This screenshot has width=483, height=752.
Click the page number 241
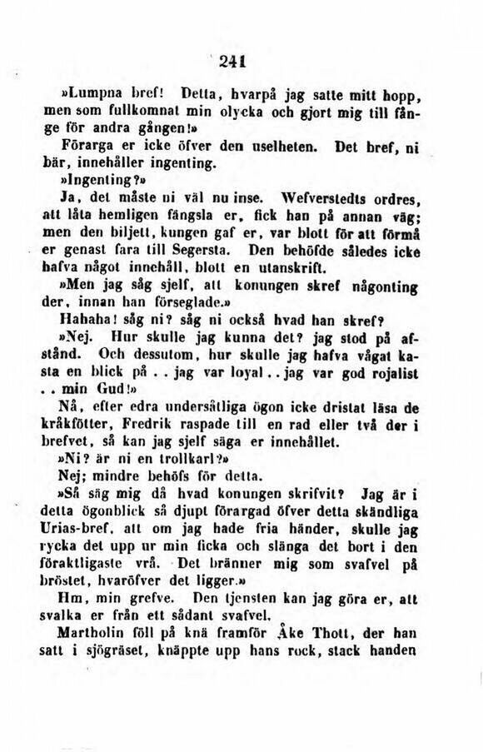[x=242, y=60]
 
